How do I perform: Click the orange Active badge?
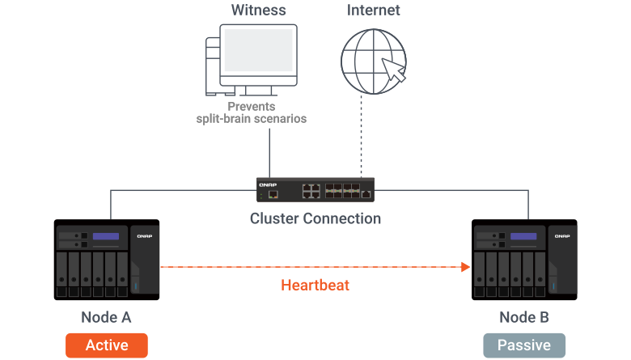pos(107,345)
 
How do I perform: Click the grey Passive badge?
pos(524,345)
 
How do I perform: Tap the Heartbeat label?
pos(315,285)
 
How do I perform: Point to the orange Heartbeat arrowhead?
pos(466,266)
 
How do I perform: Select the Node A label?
pos(106,317)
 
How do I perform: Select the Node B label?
pos(523,317)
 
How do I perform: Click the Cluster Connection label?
pos(315,218)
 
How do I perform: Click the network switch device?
pos(315,190)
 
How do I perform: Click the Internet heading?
pos(374,11)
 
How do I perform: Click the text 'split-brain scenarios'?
pos(252,119)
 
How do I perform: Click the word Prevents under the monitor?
pos(252,106)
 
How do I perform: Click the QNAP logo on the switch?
pos(268,184)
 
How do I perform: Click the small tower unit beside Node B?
pos(563,259)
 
